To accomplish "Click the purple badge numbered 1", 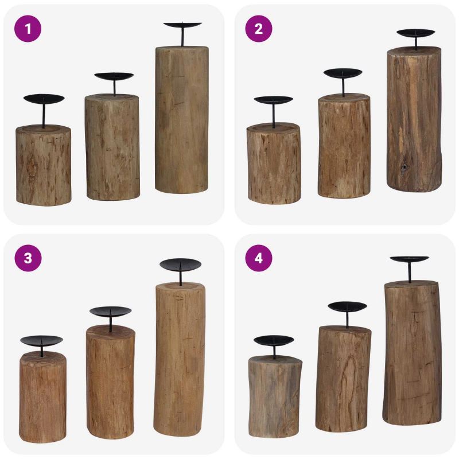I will coord(28,29).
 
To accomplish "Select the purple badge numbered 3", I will coord(28,258).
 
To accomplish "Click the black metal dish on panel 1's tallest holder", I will coord(182,25).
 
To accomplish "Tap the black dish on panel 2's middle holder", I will coord(343,73).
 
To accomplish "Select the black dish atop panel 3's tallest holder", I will coord(180,264).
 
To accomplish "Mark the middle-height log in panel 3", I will coord(110,382).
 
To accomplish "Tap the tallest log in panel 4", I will coord(412,353).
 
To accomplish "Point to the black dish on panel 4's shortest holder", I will coord(274,341).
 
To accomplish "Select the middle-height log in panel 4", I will coord(343,379).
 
